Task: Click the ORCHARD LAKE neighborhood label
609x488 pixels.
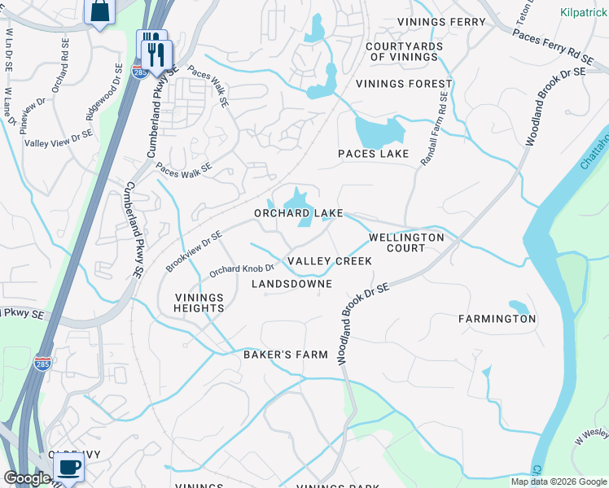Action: (x=298, y=213)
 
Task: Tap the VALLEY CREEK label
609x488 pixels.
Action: (x=330, y=261)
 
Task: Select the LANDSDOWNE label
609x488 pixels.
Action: (x=291, y=284)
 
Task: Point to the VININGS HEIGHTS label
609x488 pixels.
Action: (x=199, y=303)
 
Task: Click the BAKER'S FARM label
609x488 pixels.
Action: (x=286, y=355)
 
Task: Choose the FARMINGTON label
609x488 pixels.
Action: (x=497, y=319)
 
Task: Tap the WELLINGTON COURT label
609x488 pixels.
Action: (x=406, y=242)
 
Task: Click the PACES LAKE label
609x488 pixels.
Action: (x=374, y=154)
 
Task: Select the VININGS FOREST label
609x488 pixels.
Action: (x=404, y=84)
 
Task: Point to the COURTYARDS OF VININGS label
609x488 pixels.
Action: (x=404, y=51)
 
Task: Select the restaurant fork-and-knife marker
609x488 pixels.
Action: (x=154, y=52)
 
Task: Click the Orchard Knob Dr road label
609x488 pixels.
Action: (x=241, y=269)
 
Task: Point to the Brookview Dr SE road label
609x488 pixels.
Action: (x=194, y=251)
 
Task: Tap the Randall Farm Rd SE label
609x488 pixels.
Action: (x=434, y=129)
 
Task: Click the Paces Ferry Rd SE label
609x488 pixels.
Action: (x=552, y=47)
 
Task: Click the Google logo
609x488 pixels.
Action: (x=27, y=478)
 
